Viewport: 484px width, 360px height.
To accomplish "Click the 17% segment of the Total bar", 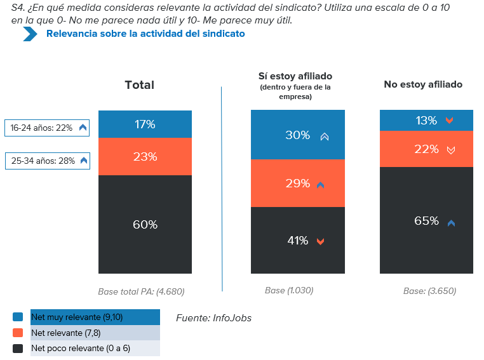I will coord(145,124).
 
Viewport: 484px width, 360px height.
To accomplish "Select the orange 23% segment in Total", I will coord(145,156).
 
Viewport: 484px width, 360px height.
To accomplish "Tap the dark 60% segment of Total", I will coord(145,225).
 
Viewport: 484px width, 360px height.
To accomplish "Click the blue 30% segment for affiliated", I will coord(297,135).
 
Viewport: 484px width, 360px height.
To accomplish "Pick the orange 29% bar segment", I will coord(297,183).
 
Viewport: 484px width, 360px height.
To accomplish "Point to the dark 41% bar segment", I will coord(297,241).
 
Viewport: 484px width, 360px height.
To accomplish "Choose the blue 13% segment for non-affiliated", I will coord(426,121).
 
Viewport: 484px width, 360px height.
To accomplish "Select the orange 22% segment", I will coord(426,149).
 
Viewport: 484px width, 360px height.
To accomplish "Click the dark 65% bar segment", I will coord(426,221).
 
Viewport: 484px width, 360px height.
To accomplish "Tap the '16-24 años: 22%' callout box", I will coord(47,128).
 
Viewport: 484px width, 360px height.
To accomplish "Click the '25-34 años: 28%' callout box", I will coord(47,161).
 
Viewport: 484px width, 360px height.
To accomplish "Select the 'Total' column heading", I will coord(139,85).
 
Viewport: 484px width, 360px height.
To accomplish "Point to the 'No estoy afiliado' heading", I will coord(423,84).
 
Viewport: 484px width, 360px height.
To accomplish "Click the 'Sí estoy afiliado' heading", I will coord(295,76).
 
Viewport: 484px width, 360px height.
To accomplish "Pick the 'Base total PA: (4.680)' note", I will coord(141,292).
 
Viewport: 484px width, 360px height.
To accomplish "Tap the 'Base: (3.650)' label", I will coord(429,291).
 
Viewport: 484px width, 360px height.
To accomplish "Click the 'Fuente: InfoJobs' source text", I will coord(213,317).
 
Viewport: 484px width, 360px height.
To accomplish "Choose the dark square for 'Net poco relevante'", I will coord(18,349).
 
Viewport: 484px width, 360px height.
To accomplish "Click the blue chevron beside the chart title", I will coord(30,34).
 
